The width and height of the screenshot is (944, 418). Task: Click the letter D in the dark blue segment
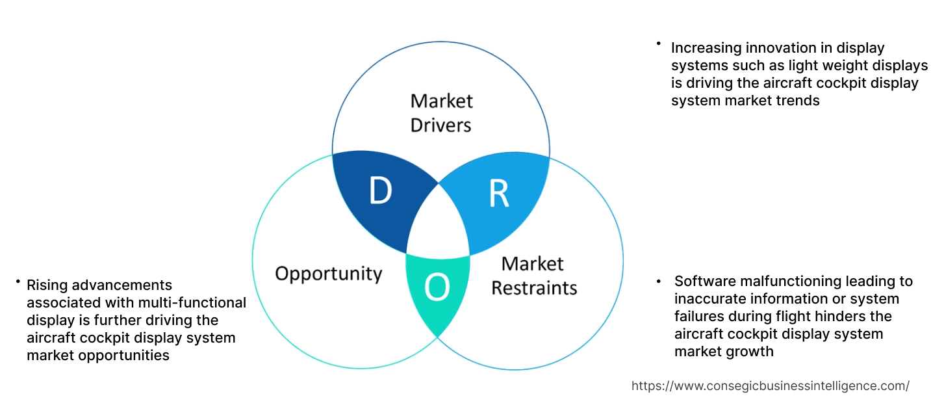pos(381,190)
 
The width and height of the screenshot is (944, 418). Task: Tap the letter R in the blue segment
pos(498,193)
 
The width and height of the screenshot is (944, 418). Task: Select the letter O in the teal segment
pos(437,288)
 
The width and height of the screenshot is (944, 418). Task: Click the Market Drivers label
pos(441,112)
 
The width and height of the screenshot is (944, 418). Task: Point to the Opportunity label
pos(328,273)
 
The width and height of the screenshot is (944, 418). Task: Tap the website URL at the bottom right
pos(770,385)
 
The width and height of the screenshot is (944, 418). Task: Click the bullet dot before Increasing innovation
pos(658,44)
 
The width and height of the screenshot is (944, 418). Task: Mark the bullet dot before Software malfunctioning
pos(658,281)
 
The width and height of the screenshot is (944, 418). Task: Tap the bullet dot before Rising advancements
pos(18,281)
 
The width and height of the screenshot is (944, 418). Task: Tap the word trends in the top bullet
pos(799,101)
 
